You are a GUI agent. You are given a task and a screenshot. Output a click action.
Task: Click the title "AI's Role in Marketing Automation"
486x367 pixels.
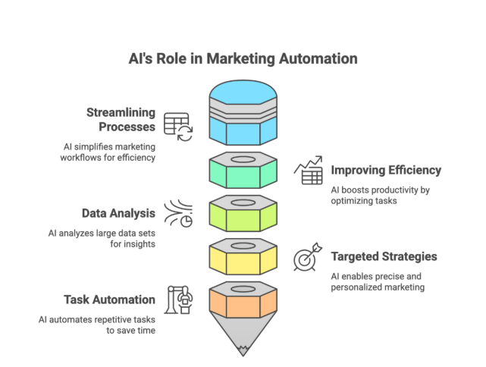point(243,59)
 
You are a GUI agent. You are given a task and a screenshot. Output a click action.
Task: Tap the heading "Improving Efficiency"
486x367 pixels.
point(384,170)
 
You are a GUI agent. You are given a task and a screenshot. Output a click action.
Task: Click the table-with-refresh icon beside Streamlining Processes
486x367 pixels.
point(178,127)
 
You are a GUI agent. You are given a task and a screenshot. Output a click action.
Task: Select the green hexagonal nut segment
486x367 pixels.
point(243,171)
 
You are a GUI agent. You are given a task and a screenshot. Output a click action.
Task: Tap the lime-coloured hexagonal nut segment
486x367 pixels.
point(243,214)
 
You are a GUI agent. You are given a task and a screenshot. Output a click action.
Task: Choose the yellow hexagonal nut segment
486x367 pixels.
point(243,256)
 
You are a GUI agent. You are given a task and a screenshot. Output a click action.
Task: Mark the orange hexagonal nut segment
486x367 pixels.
point(243,300)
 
